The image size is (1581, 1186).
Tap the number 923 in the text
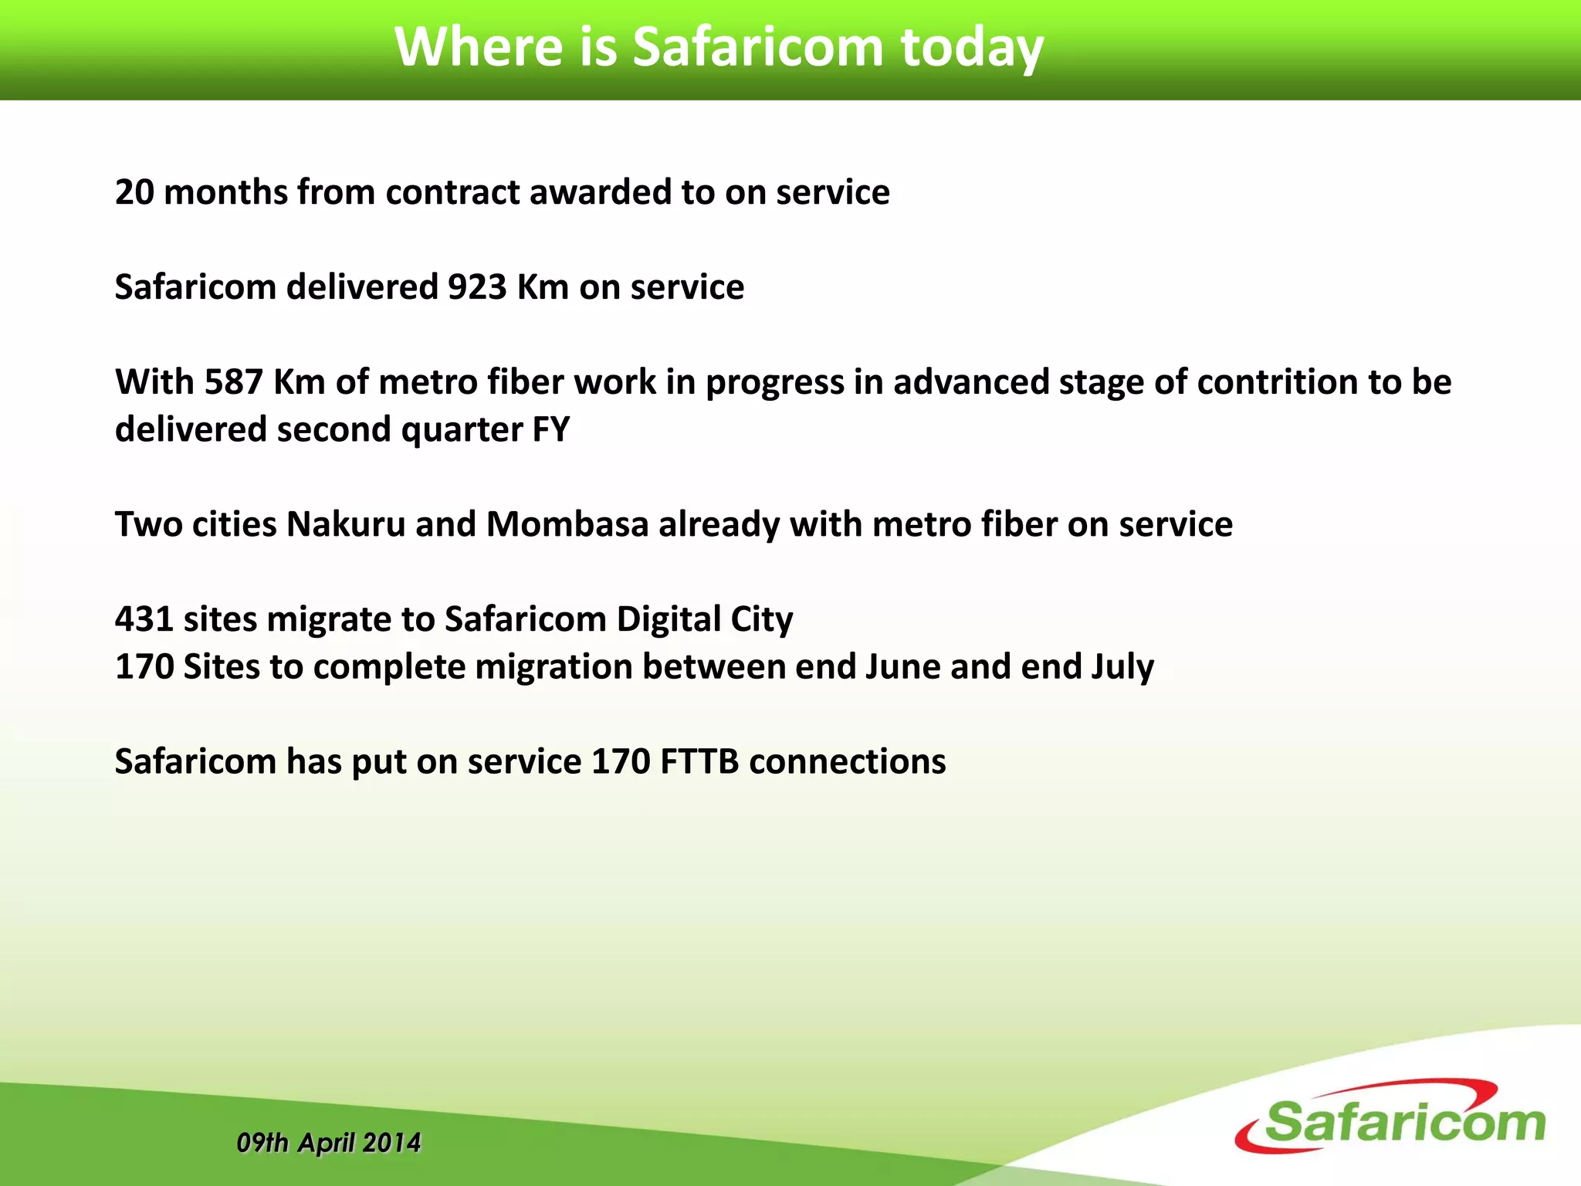point(477,287)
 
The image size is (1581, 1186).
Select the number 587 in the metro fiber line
point(234,382)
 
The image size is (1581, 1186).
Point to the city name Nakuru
point(345,524)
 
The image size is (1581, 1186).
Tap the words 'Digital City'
point(704,620)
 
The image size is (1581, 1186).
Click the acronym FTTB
point(699,762)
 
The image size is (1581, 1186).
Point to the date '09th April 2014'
point(329,1143)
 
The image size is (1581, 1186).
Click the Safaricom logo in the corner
point(1390,1118)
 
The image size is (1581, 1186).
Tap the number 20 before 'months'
point(134,192)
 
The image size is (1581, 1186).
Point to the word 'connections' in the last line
point(847,762)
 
